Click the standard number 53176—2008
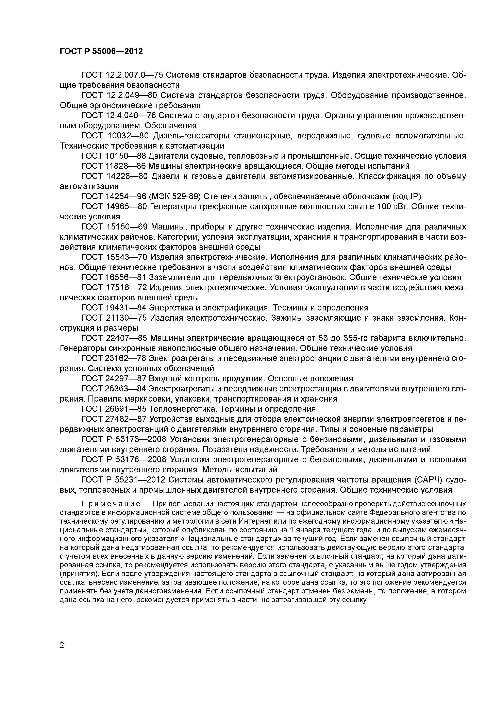coord(140,439)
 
